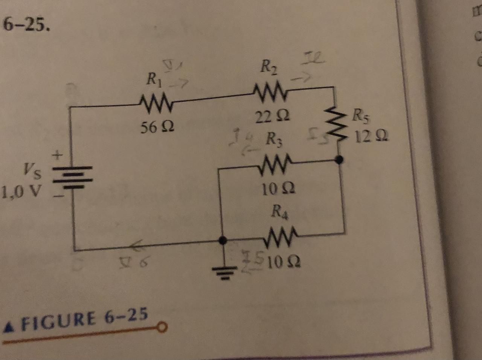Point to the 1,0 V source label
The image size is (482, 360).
(x=21, y=192)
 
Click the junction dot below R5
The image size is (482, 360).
(x=339, y=160)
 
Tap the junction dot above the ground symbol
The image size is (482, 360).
(x=223, y=240)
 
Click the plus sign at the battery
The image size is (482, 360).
(x=57, y=154)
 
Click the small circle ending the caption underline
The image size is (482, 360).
(x=162, y=328)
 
